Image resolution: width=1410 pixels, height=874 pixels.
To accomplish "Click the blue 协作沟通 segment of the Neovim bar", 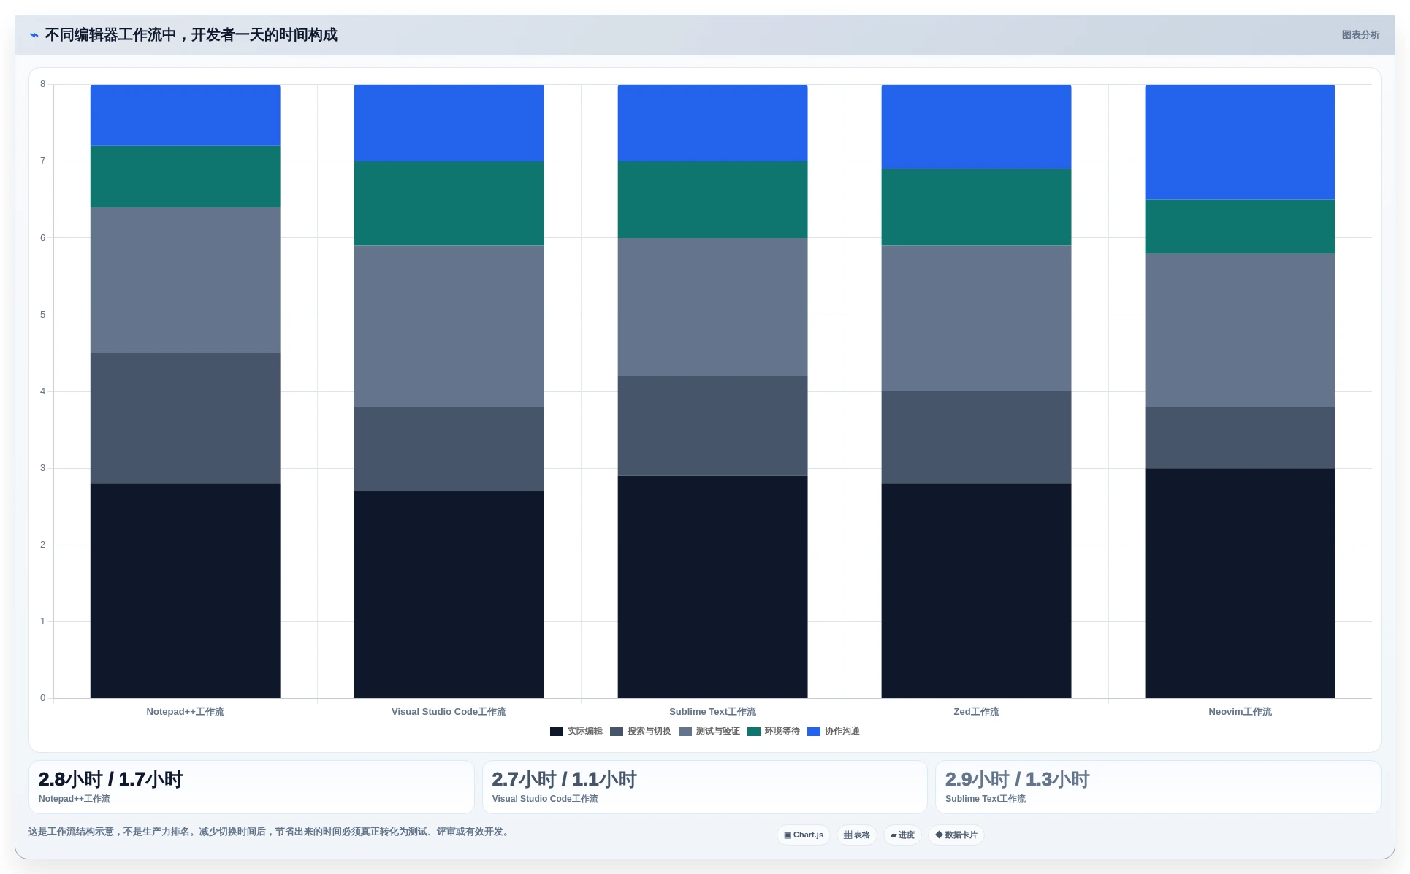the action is click(x=1240, y=142).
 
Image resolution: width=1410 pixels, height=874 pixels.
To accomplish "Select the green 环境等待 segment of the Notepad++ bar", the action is click(x=186, y=177).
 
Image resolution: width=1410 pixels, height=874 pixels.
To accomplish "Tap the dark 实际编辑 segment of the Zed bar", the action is click(x=976, y=591).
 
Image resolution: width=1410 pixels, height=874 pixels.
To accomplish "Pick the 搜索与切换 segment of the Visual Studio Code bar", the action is click(x=449, y=449).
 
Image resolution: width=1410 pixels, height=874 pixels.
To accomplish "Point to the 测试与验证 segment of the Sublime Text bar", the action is click(x=713, y=307).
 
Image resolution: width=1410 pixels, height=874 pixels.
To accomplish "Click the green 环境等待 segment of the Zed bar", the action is click(x=976, y=207).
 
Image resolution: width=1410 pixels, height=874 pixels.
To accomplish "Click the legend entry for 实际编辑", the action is click(x=576, y=732).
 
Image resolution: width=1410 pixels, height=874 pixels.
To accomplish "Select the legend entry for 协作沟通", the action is click(x=834, y=732).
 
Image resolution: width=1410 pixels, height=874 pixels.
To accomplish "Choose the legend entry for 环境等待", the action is click(x=774, y=732).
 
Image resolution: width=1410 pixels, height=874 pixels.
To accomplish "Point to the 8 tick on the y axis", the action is click(x=43, y=84).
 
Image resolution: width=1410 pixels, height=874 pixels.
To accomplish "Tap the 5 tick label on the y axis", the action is click(x=43, y=315).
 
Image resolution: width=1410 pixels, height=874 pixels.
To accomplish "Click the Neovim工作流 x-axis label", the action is click(x=1240, y=712).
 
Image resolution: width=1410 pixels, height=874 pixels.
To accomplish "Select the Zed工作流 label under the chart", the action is click(x=976, y=712).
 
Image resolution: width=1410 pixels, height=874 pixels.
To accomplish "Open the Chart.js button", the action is click(x=804, y=835).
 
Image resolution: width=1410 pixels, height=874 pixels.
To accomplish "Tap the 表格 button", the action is click(x=857, y=835).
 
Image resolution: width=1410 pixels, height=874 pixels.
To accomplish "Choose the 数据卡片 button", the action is click(x=956, y=835).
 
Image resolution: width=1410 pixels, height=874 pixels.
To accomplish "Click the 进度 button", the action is click(x=902, y=835).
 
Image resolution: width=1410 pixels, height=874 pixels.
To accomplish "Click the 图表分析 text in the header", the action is click(x=1360, y=35).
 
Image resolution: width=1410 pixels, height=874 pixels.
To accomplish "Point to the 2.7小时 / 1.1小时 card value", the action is click(x=564, y=779).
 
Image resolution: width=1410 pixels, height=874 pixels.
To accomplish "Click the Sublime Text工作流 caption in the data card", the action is click(x=986, y=799).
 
